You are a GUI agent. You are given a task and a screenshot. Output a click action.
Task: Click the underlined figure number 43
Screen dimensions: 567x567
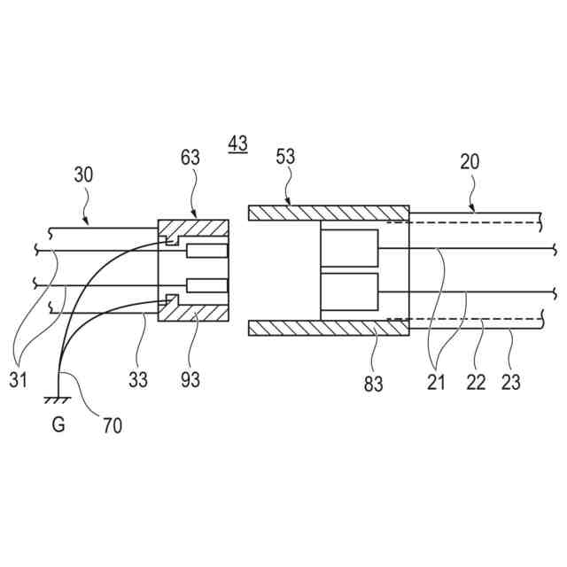pos(237,143)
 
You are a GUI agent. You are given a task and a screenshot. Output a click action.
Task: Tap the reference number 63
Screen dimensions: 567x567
pos(190,158)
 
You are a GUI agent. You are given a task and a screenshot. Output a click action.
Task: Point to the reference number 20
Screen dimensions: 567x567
pos(470,161)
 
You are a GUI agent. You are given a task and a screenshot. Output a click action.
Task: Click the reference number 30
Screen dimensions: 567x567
pos(83,175)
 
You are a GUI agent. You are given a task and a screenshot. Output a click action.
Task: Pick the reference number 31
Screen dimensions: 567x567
pos(18,379)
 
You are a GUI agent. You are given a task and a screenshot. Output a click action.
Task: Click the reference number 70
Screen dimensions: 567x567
pos(112,425)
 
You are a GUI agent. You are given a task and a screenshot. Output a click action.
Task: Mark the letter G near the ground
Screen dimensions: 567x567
pos(58,425)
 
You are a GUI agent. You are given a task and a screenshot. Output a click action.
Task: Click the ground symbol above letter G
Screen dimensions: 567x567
pos(58,400)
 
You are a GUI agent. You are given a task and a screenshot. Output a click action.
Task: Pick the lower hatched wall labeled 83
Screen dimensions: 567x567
pos(328,328)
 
